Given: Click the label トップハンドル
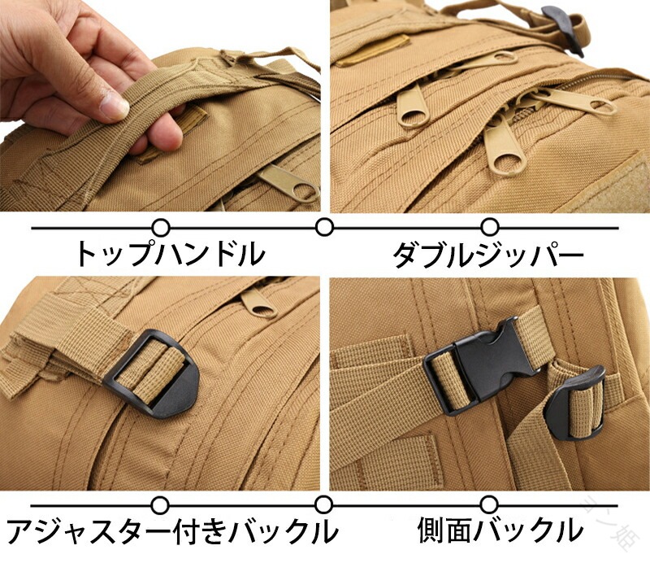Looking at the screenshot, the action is tap(170, 254).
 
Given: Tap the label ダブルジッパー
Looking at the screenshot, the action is tap(488, 254).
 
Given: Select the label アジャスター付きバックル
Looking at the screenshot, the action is tap(171, 530).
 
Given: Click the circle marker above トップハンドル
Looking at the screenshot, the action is tap(161, 228).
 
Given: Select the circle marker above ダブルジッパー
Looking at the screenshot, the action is tap(490, 228).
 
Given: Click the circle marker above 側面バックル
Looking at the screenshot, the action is tap(489, 505).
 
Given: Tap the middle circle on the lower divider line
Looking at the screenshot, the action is tap(323, 505).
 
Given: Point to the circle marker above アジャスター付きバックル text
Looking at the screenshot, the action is tap(160, 505).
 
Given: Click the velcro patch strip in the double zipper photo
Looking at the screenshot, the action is tap(372, 50).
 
